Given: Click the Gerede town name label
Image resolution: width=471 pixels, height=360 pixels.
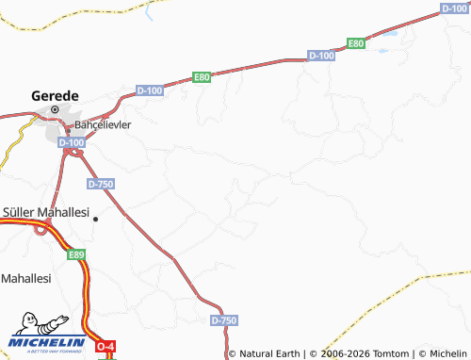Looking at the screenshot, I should pyautogui.click(x=56, y=94).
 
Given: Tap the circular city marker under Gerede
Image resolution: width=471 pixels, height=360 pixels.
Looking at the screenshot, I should pyautogui.click(x=56, y=109).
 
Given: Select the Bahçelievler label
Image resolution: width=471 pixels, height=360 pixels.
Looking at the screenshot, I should pyautogui.click(x=102, y=123).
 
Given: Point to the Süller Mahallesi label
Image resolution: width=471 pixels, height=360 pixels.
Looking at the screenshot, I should pyautogui.click(x=46, y=211).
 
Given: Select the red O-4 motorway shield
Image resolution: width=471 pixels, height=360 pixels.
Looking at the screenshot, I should pyautogui.click(x=107, y=347).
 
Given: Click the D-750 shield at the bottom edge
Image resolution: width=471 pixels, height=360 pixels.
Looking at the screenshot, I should pyautogui.click(x=224, y=320).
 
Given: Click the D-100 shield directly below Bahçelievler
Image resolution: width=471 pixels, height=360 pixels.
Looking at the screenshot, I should pyautogui.click(x=71, y=142).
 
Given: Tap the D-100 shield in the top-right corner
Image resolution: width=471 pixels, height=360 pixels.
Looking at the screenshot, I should pyautogui.click(x=454, y=8).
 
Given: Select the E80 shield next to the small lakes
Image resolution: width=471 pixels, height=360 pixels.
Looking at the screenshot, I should pyautogui.click(x=356, y=43).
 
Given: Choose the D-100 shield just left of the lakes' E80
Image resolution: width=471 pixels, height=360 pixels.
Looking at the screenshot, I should pyautogui.click(x=321, y=57).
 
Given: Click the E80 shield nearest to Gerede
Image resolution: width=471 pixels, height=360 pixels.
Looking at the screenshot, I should pyautogui.click(x=202, y=77).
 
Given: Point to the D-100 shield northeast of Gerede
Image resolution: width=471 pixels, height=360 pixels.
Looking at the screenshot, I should pyautogui.click(x=150, y=90).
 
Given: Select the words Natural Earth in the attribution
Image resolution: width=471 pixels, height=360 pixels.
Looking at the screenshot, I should pyautogui.click(x=269, y=352).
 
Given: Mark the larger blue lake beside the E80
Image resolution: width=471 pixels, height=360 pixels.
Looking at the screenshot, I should pyautogui.click(x=386, y=39).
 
